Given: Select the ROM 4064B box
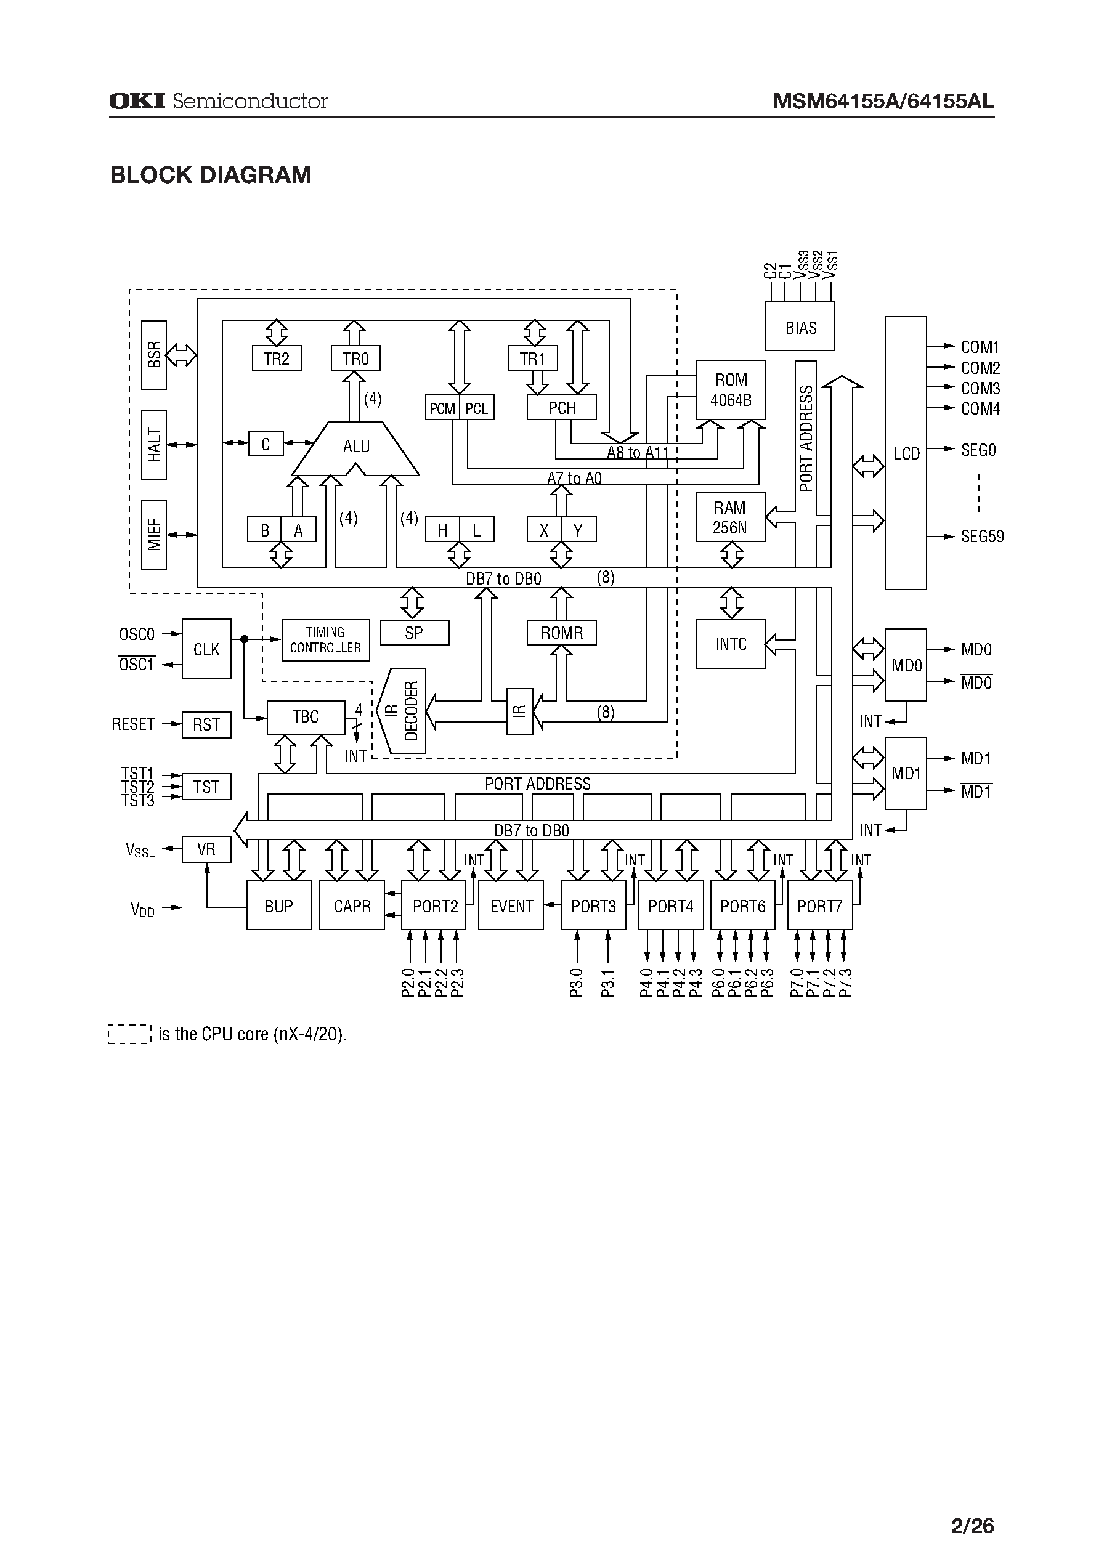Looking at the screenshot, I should (730, 390).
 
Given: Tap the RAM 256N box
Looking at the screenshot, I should (730, 518).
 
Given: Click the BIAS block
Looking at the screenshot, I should (800, 328).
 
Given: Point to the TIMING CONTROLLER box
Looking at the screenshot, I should (326, 640).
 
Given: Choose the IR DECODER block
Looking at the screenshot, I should (403, 711).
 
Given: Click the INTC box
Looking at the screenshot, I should (730, 644).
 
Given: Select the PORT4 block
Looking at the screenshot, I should (670, 906).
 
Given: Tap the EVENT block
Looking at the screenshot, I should (511, 906).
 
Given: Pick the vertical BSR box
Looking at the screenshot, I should (154, 355).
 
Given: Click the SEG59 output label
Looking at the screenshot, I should (981, 537).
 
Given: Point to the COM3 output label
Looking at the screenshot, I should (980, 389).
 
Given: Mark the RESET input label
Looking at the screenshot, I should (133, 724).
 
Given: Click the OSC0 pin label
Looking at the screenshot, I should (137, 634).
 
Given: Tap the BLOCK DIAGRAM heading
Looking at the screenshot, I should (211, 176).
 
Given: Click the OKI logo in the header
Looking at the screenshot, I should (137, 101).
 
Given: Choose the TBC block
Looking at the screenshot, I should (305, 718).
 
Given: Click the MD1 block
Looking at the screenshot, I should (905, 774).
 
